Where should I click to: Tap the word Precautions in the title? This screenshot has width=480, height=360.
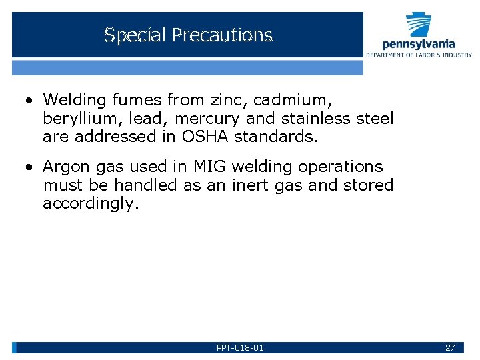point(222,35)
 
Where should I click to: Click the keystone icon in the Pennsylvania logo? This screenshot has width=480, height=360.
point(419,25)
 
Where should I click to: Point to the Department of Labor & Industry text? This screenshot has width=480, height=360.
point(419,55)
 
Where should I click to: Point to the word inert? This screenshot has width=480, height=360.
point(251,185)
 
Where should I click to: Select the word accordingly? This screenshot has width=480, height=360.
point(91,204)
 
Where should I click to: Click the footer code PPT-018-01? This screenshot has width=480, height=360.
point(240,347)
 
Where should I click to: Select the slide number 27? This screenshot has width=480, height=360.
point(450,347)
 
